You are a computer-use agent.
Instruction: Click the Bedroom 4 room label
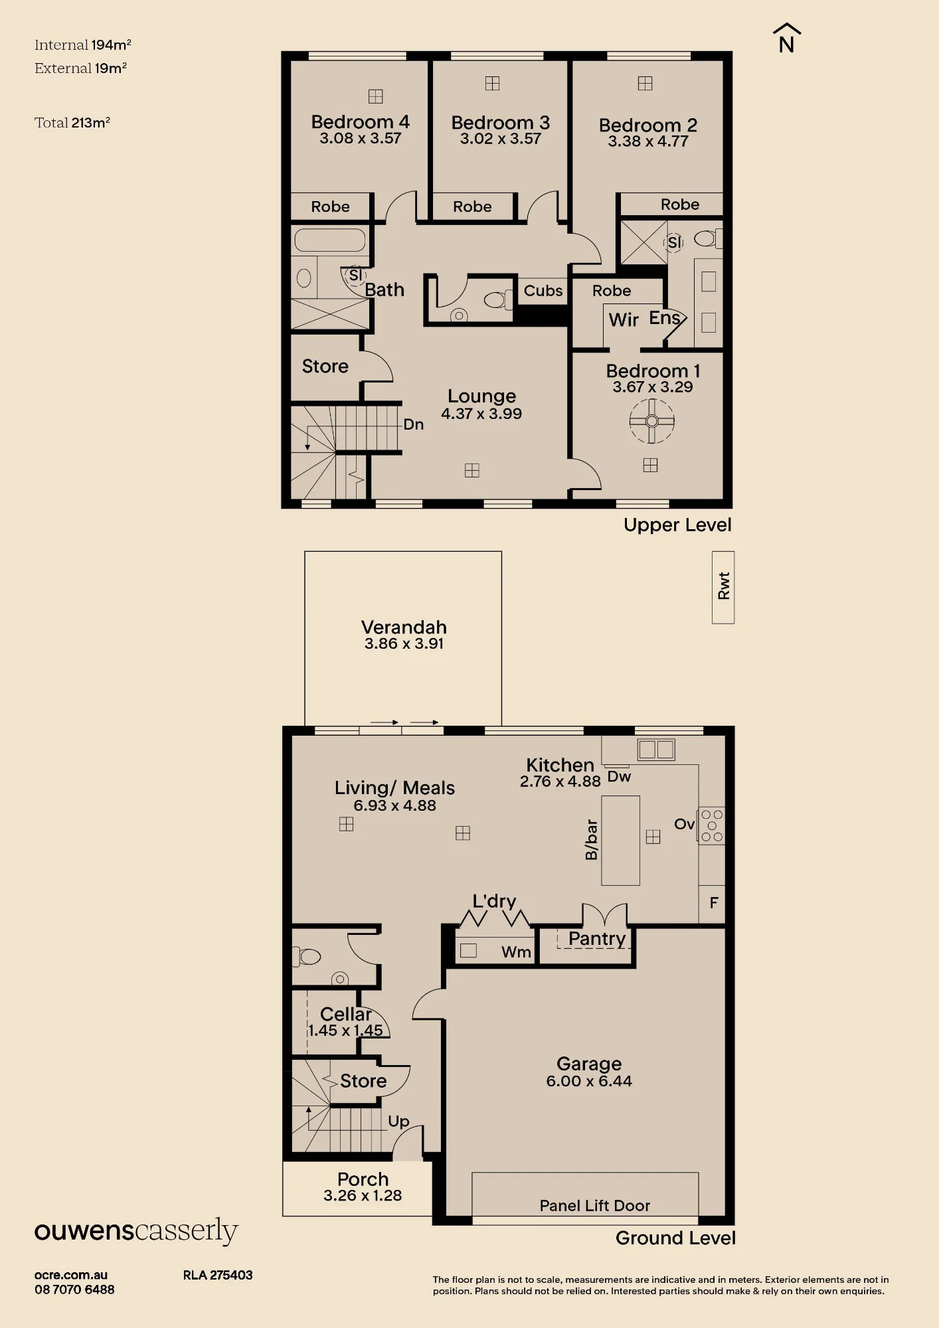360,122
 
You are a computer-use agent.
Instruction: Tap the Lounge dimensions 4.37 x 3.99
481,414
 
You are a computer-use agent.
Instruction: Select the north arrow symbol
787,38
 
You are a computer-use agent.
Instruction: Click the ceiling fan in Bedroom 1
651,421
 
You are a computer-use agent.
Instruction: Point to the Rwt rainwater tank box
723,587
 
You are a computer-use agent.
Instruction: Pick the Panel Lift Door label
594,1205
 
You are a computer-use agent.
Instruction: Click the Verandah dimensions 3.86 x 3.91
404,643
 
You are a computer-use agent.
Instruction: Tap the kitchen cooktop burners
711,825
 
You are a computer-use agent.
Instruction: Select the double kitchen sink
656,749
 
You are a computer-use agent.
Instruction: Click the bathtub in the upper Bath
329,240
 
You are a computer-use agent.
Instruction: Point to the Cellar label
345,1014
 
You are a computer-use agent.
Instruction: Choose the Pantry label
597,938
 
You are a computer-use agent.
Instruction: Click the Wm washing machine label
516,952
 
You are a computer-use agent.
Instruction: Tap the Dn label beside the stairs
413,424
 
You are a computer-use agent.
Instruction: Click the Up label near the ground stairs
398,1121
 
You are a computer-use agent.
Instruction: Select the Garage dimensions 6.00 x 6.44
589,1081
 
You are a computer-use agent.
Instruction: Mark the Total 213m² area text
72,123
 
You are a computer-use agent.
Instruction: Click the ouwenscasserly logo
136,1230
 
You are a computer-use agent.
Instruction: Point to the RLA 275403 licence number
218,1275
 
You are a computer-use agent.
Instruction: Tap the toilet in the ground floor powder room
307,957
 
